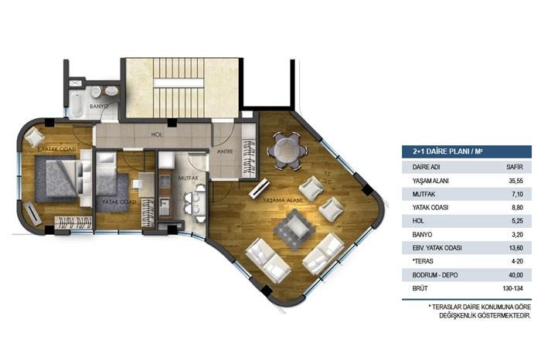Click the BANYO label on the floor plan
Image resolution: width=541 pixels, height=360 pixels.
[x=98, y=106]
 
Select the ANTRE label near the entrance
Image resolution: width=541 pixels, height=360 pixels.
[x=225, y=151]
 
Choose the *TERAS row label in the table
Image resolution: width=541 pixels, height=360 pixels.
[x=424, y=261]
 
